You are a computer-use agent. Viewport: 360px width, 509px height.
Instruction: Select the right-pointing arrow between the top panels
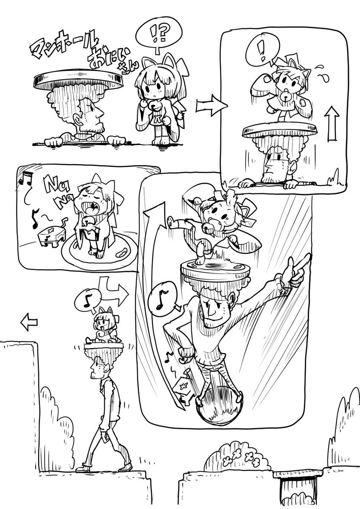point(211,106)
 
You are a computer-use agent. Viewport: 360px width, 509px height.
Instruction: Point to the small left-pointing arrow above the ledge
point(29,322)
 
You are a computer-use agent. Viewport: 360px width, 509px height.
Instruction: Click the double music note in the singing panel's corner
point(26,178)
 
